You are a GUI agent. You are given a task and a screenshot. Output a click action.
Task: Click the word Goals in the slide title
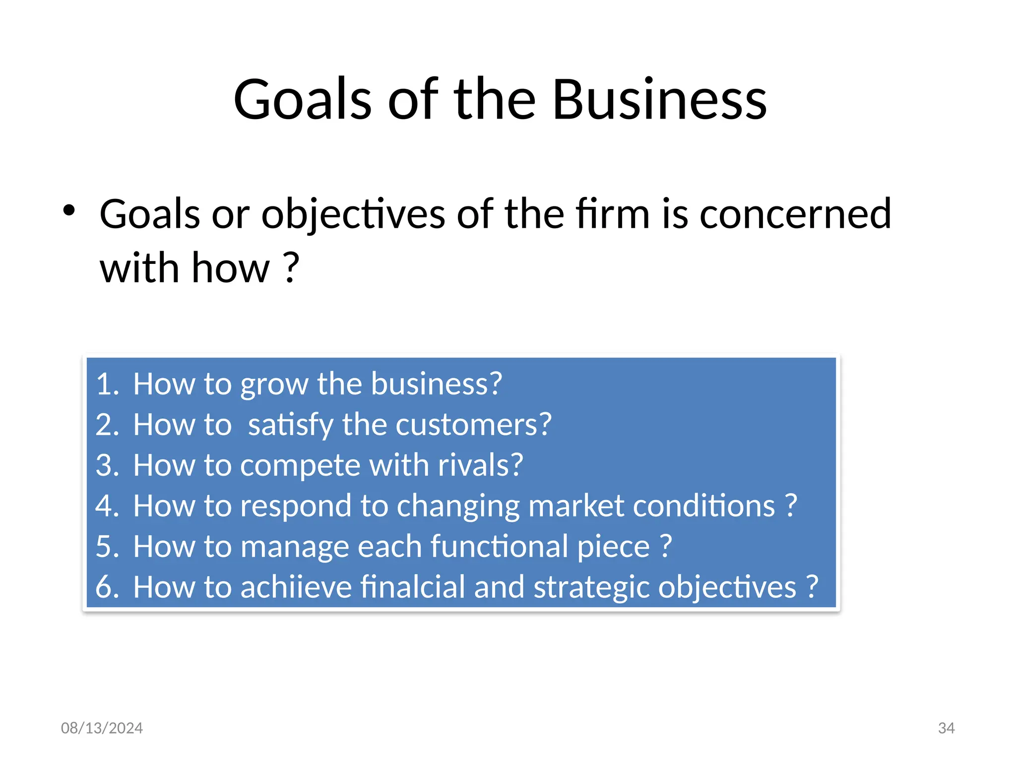pos(302,100)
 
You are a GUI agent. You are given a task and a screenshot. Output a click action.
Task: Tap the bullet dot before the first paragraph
pos(69,211)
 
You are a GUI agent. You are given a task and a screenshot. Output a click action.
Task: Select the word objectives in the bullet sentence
pos(353,214)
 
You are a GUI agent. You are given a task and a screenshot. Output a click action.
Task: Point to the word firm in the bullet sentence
pos(612,214)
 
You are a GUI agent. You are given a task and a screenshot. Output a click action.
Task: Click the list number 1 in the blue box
pos(105,384)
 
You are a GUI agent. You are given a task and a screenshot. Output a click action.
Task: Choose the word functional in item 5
pos(499,547)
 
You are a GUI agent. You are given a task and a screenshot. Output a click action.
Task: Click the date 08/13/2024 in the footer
pos(102,728)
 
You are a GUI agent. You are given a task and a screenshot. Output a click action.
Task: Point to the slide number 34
pos(946,728)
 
